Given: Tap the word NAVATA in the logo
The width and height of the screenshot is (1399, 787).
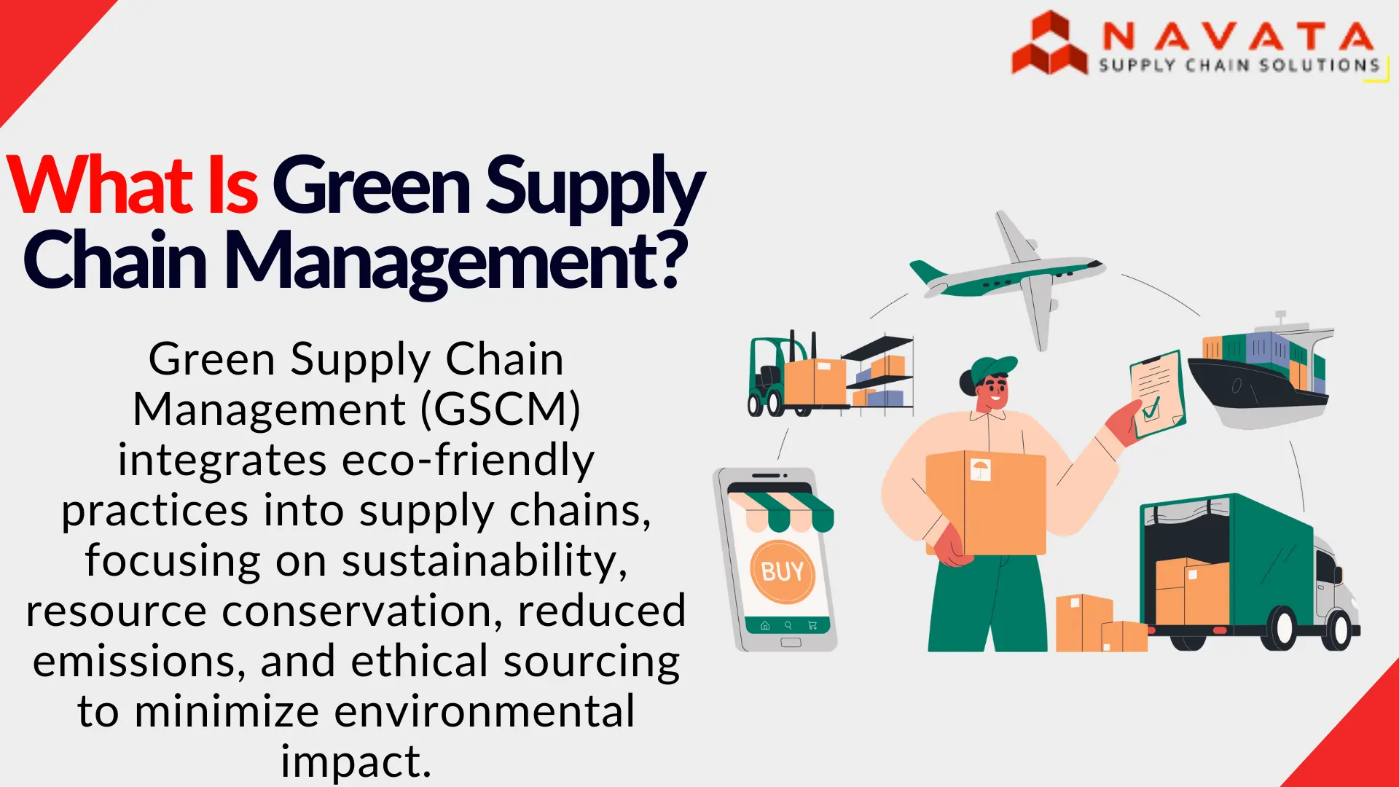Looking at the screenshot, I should click(x=1237, y=36).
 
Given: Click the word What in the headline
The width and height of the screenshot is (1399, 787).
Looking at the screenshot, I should click(x=102, y=186).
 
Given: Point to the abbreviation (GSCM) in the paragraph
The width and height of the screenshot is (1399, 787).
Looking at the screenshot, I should click(x=501, y=409).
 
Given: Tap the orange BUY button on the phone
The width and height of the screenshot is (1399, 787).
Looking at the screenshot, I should click(x=782, y=571).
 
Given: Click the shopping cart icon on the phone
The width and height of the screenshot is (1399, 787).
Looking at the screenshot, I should click(x=812, y=625).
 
